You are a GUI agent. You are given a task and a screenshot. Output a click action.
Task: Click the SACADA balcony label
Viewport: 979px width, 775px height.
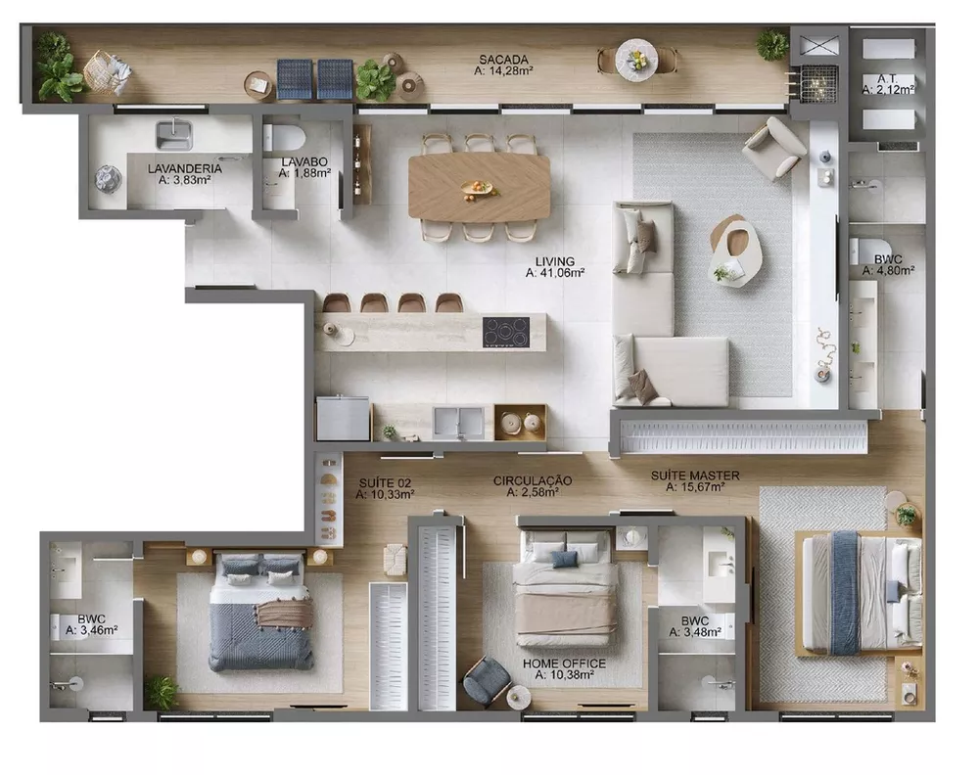(497, 59)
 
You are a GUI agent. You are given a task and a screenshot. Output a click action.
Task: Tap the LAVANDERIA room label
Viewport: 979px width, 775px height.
(184, 168)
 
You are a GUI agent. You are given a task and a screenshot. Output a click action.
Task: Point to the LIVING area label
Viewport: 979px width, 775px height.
(554, 262)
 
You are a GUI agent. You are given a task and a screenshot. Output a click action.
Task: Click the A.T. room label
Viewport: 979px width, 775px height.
(888, 77)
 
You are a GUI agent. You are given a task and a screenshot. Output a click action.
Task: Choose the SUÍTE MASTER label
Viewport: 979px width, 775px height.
(695, 476)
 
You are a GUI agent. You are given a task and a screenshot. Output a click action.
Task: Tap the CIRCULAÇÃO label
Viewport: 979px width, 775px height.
(532, 480)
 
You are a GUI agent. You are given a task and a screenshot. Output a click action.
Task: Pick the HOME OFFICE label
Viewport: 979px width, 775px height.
(564, 663)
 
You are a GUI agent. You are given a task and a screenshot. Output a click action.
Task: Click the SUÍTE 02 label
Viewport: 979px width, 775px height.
(385, 482)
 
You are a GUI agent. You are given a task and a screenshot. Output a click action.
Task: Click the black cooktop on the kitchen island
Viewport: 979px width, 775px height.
(505, 332)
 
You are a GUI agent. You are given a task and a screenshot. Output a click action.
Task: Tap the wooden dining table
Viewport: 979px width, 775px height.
(479, 187)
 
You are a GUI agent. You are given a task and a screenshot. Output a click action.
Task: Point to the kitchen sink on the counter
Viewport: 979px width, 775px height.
(458, 421)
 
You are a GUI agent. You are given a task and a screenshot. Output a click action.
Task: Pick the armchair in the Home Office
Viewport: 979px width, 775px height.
(485, 681)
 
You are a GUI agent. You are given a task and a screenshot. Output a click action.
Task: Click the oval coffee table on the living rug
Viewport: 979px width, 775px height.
(733, 250)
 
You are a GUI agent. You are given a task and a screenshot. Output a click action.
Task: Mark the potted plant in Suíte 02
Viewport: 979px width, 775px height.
(161, 691)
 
